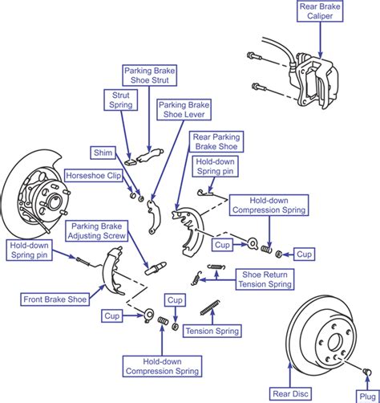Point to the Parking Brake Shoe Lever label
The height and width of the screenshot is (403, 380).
[x=184, y=109]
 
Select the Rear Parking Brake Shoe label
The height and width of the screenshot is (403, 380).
[x=217, y=142]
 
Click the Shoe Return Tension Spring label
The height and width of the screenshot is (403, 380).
[x=268, y=279]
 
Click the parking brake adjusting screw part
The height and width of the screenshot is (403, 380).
[x=155, y=266]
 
